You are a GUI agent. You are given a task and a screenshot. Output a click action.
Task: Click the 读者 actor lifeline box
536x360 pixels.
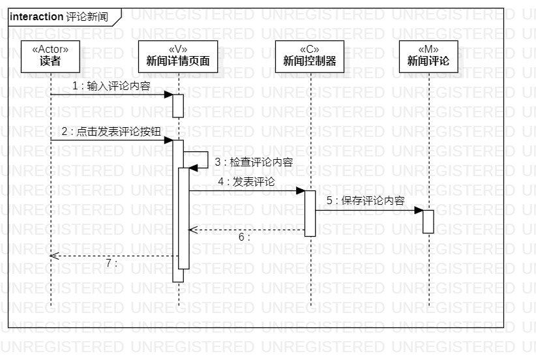click(x=50, y=55)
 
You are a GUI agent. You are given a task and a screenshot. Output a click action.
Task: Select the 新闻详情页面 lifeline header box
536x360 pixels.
click(x=178, y=55)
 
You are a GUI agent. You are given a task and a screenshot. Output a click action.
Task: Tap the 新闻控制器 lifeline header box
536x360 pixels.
click(x=310, y=55)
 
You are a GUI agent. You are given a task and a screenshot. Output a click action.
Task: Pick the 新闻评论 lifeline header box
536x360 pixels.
click(x=428, y=55)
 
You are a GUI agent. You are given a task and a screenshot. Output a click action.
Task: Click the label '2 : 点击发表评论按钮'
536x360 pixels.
click(x=111, y=131)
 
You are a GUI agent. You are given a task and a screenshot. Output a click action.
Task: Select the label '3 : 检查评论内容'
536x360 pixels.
click(x=253, y=162)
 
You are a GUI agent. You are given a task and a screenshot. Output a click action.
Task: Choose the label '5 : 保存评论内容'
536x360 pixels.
click(x=366, y=201)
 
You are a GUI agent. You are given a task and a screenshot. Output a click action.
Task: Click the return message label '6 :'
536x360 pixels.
click(x=245, y=237)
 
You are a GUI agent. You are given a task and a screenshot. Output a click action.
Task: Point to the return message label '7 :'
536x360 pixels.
click(x=112, y=263)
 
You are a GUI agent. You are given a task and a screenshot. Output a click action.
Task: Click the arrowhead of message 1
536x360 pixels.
click(x=168, y=95)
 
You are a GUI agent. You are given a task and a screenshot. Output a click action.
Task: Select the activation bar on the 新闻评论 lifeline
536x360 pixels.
click(x=428, y=221)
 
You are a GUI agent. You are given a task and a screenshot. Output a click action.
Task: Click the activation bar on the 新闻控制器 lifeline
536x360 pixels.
click(x=310, y=213)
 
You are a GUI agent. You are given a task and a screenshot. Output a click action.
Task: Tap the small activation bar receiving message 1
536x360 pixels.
click(x=178, y=106)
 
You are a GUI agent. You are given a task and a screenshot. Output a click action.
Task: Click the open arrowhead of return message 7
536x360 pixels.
click(x=54, y=256)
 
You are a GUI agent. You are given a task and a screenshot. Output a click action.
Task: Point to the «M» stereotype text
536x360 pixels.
click(x=428, y=49)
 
